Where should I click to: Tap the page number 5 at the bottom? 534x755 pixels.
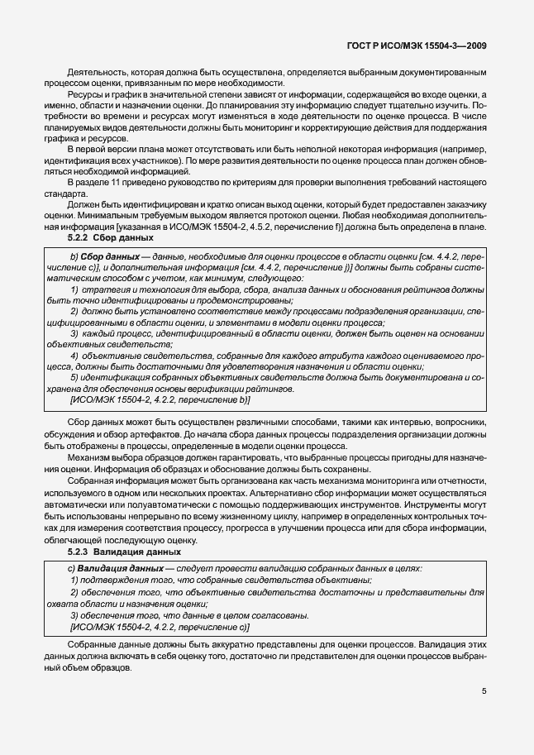coord(484,691)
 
